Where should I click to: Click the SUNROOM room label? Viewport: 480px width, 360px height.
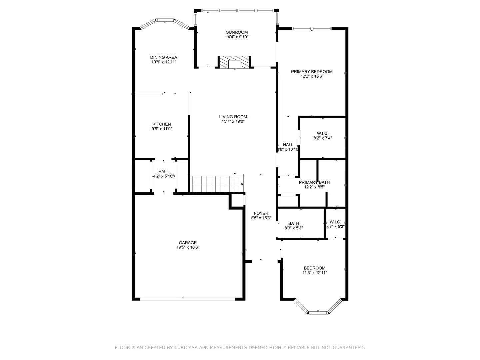click(x=237, y=32)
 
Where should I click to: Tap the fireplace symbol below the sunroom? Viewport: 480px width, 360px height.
click(x=234, y=63)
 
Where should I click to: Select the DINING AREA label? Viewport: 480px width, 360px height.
click(x=163, y=57)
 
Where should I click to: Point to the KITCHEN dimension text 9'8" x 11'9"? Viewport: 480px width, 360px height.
click(x=162, y=129)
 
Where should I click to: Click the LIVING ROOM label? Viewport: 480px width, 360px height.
click(x=233, y=117)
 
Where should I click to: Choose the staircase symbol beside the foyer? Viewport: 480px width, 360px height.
click(x=217, y=184)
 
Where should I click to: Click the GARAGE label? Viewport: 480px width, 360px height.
click(x=188, y=243)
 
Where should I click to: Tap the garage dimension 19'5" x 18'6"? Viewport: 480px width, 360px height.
click(x=188, y=247)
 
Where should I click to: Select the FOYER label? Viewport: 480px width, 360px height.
click(x=261, y=213)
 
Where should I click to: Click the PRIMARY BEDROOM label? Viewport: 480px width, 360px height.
click(x=312, y=72)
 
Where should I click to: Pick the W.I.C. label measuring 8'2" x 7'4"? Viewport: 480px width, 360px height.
click(x=323, y=133)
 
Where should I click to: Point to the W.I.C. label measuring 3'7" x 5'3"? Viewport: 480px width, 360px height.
click(x=335, y=222)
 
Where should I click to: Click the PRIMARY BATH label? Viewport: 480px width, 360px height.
click(x=314, y=182)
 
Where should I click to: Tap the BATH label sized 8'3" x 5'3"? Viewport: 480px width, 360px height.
click(x=294, y=223)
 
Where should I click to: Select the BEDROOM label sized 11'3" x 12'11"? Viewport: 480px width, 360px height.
click(x=314, y=268)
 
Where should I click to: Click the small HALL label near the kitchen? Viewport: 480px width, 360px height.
click(x=163, y=172)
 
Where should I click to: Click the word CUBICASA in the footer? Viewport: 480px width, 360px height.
click(x=186, y=348)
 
